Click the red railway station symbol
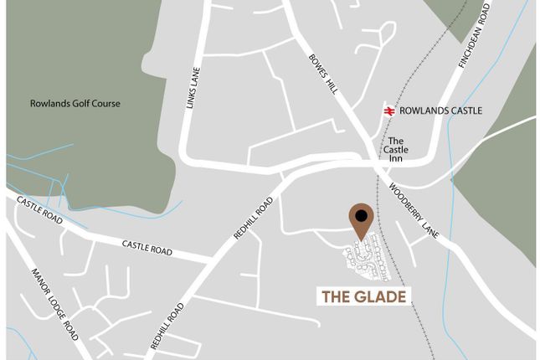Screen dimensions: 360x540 point(388,110)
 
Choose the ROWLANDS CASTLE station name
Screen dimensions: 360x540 point(440,110)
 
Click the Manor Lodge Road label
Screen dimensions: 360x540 point(54,301)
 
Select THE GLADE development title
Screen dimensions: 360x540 point(365,296)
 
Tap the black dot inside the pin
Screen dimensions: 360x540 point(361,215)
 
